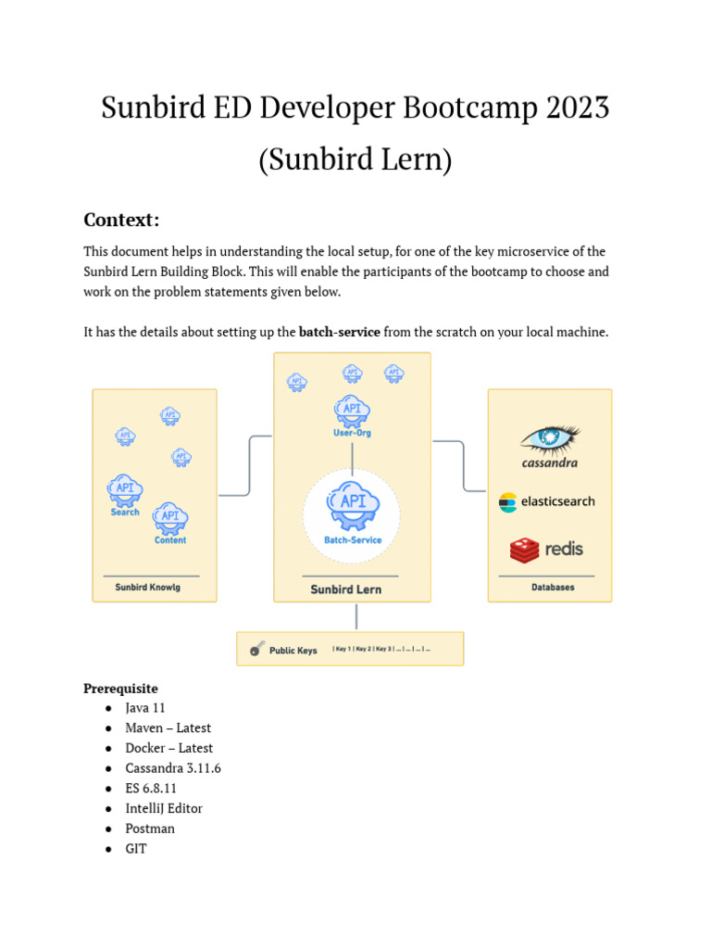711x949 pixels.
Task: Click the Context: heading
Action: pos(121,220)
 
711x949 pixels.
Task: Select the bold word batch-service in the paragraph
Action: pos(339,332)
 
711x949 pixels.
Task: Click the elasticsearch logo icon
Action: pos(508,502)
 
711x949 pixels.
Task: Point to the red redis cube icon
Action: pos(524,550)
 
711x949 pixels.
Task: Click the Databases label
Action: pos(553,588)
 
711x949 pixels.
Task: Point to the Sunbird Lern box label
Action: pos(345,589)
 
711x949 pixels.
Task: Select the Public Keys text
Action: pos(293,651)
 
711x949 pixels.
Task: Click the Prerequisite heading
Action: pos(120,689)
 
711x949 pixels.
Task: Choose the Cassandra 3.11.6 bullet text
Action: pos(173,768)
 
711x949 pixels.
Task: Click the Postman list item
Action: pos(150,829)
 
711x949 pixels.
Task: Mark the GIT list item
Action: pos(136,848)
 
